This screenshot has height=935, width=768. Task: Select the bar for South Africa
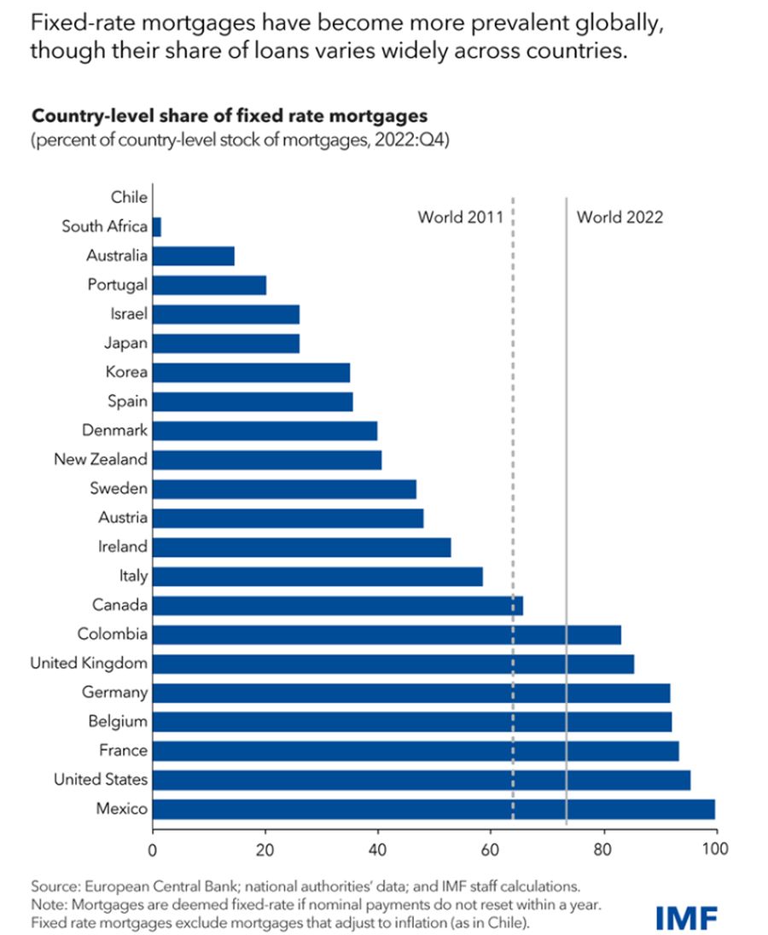point(157,227)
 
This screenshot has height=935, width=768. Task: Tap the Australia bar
point(194,256)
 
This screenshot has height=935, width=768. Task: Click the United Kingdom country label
point(89,663)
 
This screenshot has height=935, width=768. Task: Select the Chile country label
point(129,197)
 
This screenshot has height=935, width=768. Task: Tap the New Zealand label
point(101,459)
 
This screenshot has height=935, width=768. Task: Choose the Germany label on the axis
point(114,692)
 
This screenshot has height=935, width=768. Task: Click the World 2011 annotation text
point(460,217)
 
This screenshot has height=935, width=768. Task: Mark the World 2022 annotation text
point(620,217)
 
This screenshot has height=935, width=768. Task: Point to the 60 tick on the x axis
point(491,849)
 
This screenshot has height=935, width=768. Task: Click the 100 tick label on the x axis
point(714,849)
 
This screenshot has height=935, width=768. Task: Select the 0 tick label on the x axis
point(153,849)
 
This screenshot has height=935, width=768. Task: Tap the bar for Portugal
point(209,285)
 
